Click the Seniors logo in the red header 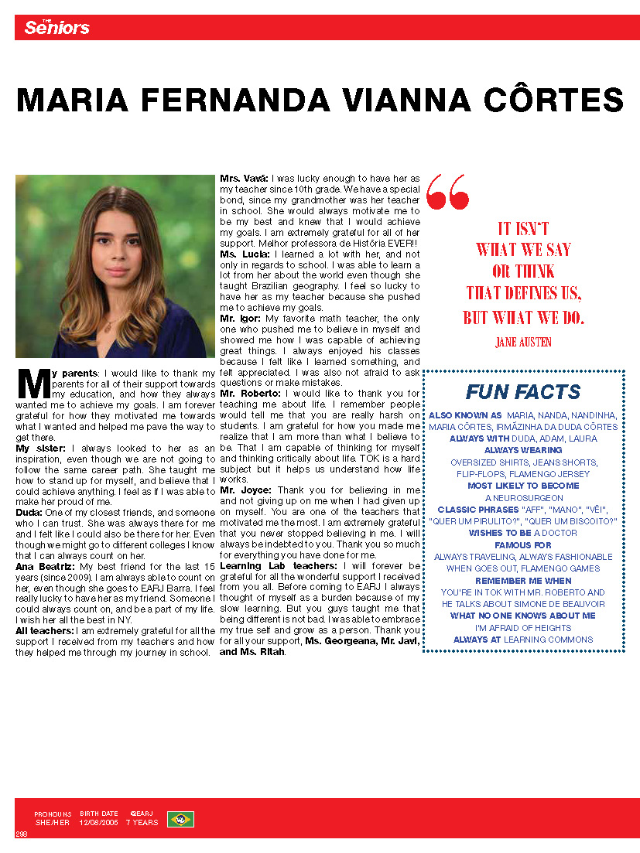pyautogui.click(x=56, y=28)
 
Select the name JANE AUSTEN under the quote pyautogui.click(x=523, y=341)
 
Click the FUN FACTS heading pyautogui.click(x=522, y=391)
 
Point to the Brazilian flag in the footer pyautogui.click(x=180, y=818)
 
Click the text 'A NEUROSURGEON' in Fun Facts pyautogui.click(x=524, y=498)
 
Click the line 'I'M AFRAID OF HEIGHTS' pyautogui.click(x=523, y=627)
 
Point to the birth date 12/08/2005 pyautogui.click(x=98, y=823)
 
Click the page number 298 pyautogui.click(x=21, y=834)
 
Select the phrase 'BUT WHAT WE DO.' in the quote pyautogui.click(x=523, y=318)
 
